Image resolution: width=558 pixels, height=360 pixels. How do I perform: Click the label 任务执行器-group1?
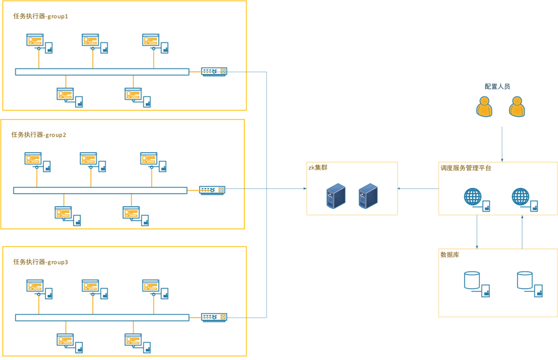pos(40,17)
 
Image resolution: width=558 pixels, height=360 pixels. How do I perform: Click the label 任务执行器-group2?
pos(39,135)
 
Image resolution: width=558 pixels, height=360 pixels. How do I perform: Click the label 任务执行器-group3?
pos(40,262)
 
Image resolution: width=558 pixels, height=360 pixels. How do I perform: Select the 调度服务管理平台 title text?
pos(465,169)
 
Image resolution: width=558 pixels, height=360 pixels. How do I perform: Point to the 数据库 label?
pos(450,255)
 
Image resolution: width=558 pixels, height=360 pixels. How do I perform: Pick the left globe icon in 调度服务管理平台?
pos(473,197)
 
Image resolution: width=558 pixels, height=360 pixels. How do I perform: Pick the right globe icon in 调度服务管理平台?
pos(520,197)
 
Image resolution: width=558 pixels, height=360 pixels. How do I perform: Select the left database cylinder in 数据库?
pos(473,280)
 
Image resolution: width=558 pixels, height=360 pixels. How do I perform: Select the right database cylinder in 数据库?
pos(524,280)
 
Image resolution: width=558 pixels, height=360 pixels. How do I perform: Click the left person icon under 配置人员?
pos(485,107)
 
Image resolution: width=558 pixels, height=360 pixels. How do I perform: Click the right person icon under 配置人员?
pos(516,107)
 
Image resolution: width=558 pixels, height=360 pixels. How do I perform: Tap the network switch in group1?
pos(214,71)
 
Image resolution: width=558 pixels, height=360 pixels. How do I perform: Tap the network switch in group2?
pos(212,190)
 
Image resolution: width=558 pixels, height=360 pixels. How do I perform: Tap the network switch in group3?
pos(214,317)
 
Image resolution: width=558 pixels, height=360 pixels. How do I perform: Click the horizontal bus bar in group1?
pos(102,72)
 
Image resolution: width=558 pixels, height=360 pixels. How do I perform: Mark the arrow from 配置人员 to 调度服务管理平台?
pos(502,143)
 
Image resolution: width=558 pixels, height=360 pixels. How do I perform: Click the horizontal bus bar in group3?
pos(102,317)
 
